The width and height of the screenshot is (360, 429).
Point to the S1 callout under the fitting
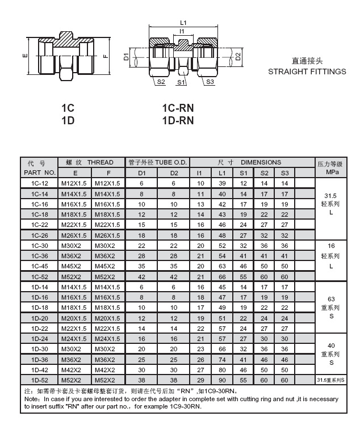point(180,82)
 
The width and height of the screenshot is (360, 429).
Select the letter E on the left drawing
point(25,57)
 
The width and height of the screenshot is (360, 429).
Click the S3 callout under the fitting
point(210,82)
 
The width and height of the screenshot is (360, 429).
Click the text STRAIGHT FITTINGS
point(307,71)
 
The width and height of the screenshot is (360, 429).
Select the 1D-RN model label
point(178,120)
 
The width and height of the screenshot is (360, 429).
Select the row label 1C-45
point(40,266)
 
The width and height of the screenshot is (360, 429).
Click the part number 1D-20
point(40,318)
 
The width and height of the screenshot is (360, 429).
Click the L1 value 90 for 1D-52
point(222,380)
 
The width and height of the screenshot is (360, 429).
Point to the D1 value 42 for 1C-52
point(142,276)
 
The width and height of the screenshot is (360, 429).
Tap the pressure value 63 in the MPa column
point(331,298)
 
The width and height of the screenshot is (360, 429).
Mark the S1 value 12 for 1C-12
point(243,183)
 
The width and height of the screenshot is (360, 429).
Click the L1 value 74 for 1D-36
point(222,359)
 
